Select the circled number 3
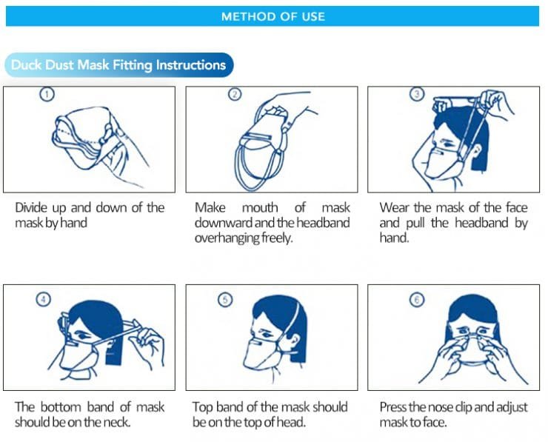417,94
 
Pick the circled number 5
226,299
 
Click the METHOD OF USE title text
273,16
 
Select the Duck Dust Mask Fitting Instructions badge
118,65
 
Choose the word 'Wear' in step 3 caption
395,207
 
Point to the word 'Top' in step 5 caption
204,407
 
